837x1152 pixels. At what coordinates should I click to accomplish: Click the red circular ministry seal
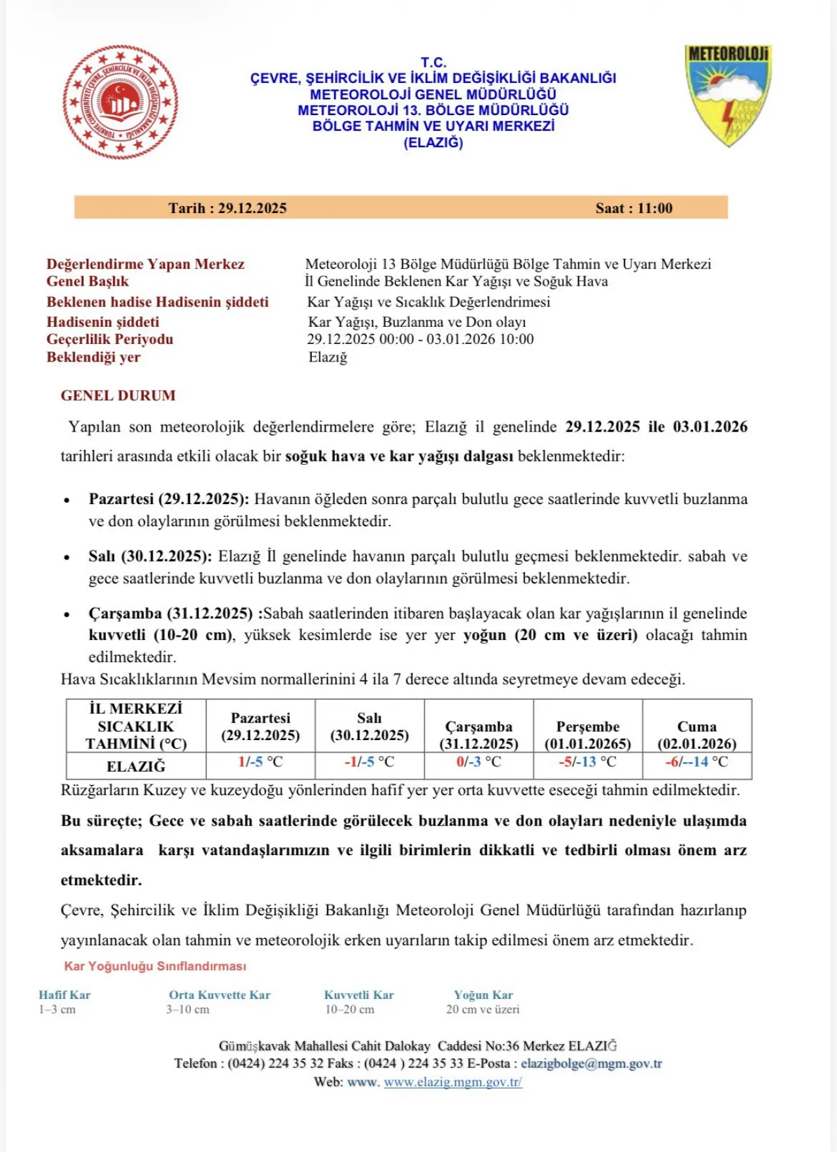click(120, 102)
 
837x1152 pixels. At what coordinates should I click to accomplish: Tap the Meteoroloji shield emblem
click(728, 95)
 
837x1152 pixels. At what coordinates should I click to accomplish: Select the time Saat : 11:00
click(634, 208)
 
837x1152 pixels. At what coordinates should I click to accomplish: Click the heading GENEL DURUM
click(118, 396)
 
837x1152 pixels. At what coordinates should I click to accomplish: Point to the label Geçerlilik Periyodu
click(110, 339)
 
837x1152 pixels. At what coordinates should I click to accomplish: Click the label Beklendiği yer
click(94, 357)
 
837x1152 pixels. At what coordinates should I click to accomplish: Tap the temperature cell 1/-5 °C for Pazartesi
click(260, 762)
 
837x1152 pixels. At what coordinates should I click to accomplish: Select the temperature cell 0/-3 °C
click(479, 762)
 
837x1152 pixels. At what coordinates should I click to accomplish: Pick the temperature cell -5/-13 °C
click(587, 762)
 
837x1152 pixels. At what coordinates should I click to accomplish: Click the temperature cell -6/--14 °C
click(696, 762)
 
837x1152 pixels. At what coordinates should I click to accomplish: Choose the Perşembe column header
click(587, 735)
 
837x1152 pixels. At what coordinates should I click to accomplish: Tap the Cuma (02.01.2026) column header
click(696, 735)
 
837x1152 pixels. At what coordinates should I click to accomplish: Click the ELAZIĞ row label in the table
click(136, 766)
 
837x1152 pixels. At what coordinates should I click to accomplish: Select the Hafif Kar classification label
click(65, 995)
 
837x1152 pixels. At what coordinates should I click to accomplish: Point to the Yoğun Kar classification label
click(483, 995)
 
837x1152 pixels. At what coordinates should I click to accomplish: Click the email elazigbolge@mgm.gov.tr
click(591, 1064)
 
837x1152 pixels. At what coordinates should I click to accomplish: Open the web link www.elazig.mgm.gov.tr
click(453, 1082)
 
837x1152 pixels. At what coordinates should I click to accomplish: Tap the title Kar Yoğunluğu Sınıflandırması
click(155, 966)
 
